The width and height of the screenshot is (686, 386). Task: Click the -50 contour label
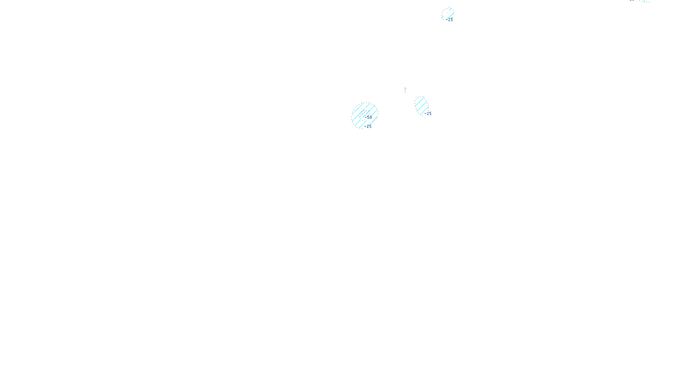(369, 117)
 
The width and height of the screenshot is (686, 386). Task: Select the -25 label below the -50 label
(368, 127)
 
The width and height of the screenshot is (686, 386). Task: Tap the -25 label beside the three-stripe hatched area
(428, 114)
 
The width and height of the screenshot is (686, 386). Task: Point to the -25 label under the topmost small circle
(450, 20)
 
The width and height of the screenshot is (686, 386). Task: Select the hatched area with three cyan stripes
(421, 105)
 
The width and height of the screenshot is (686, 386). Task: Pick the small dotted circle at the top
(448, 14)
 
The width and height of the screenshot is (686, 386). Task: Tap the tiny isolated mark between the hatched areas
(405, 90)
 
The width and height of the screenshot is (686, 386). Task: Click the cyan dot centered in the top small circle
(448, 14)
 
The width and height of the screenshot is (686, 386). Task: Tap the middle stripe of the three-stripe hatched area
(421, 105)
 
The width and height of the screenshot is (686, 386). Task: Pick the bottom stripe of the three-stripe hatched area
(424, 109)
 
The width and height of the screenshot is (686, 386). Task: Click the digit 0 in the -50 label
(371, 117)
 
